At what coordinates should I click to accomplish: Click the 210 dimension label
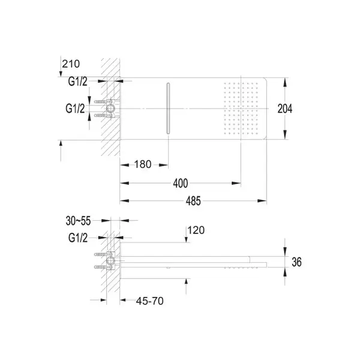click(x=71, y=64)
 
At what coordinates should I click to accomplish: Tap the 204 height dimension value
click(x=285, y=109)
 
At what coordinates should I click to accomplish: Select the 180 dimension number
click(x=143, y=164)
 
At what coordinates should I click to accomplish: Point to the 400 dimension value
click(x=181, y=183)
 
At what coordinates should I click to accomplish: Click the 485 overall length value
click(x=193, y=201)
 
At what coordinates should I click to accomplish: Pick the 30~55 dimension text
click(x=78, y=221)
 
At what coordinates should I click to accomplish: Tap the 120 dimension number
click(x=196, y=230)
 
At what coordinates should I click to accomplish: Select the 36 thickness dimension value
click(x=296, y=262)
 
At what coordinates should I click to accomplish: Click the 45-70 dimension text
click(x=149, y=301)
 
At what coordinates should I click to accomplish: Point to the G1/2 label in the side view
click(x=78, y=238)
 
